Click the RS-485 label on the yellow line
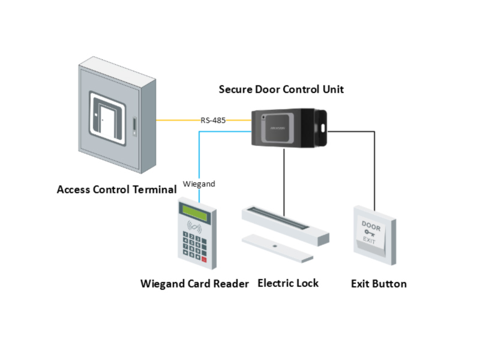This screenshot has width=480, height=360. (x=213, y=121)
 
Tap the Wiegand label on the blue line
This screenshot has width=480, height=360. (x=198, y=184)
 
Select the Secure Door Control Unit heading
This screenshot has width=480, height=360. (x=281, y=89)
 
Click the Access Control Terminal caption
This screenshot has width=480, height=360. (x=116, y=190)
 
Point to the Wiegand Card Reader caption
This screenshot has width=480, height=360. (x=194, y=284)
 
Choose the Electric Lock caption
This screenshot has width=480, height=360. (x=288, y=283)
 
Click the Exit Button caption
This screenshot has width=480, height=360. (x=379, y=284)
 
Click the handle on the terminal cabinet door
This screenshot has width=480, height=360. (x=135, y=125)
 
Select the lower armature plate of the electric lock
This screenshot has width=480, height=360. (x=277, y=246)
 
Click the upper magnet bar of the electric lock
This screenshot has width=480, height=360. (x=285, y=222)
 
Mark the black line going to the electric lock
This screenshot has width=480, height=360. (x=283, y=180)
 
